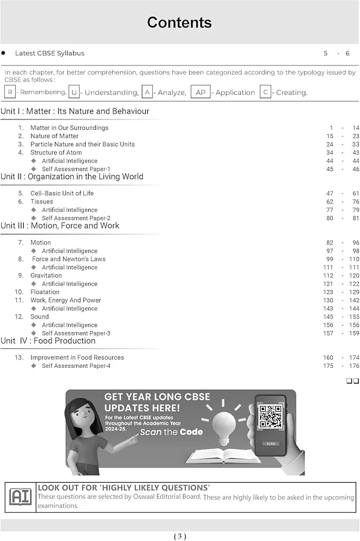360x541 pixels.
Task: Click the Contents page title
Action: coord(179,23)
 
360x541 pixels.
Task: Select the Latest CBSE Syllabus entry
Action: coord(50,53)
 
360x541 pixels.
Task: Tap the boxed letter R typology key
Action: coord(10,92)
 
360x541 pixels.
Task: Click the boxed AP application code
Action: coord(200,92)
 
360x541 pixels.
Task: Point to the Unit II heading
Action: coord(72,176)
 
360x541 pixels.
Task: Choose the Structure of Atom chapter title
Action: coord(56,153)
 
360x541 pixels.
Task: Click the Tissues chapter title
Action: coord(42,202)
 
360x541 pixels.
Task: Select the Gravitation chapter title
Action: coord(46,275)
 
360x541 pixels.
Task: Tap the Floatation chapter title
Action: coord(45,292)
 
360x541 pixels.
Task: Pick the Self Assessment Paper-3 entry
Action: coord(76,333)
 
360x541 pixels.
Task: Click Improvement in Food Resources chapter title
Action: coord(77,358)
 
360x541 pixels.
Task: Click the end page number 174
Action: coord(354,358)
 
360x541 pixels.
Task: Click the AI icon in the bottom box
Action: coord(21,497)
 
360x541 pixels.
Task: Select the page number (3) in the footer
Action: coord(180,536)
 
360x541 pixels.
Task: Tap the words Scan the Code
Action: coord(172,432)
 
